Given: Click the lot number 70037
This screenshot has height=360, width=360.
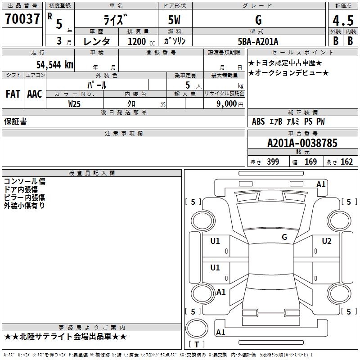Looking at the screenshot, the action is pyautogui.click(x=22, y=19).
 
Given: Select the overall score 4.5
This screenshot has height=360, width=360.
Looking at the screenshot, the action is pyautogui.click(x=343, y=20).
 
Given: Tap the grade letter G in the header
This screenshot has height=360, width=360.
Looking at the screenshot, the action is pyautogui.click(x=258, y=20).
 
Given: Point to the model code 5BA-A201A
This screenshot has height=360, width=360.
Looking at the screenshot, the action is pyautogui.click(x=258, y=41).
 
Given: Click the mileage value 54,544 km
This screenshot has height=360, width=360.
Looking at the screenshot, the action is pyautogui.click(x=55, y=65).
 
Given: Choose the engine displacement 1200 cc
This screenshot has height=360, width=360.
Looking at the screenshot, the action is pyautogui.click(x=141, y=41).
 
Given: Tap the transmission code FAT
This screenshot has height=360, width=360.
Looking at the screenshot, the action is pyautogui.click(x=13, y=94).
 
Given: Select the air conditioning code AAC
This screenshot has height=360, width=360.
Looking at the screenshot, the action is pyautogui.click(x=35, y=94).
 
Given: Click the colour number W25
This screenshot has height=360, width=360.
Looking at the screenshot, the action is pyautogui.click(x=74, y=104).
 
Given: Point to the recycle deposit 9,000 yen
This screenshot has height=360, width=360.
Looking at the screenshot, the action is pyautogui.click(x=230, y=104).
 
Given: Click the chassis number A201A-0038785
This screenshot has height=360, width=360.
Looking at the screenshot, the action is pyautogui.click(x=302, y=143).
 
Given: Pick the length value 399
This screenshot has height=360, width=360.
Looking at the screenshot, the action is pyautogui.click(x=273, y=162).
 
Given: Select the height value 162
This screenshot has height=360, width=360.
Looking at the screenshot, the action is pyautogui.click(x=346, y=162).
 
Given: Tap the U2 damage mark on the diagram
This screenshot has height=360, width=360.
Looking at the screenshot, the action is pyautogui.click(x=327, y=241).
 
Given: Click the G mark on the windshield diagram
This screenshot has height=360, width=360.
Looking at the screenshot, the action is pyautogui.click(x=284, y=237).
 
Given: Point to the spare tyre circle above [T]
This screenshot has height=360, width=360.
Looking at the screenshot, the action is pyautogui.click(x=197, y=328).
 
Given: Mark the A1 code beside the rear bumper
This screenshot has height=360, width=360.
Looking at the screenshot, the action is pyautogui.click(x=220, y=332).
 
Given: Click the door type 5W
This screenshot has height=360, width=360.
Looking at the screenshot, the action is pyautogui.click(x=174, y=20).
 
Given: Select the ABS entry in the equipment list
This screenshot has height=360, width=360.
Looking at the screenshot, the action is pyautogui.click(x=258, y=121).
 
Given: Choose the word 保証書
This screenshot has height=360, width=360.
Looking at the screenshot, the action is pyautogui.click(x=15, y=121).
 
